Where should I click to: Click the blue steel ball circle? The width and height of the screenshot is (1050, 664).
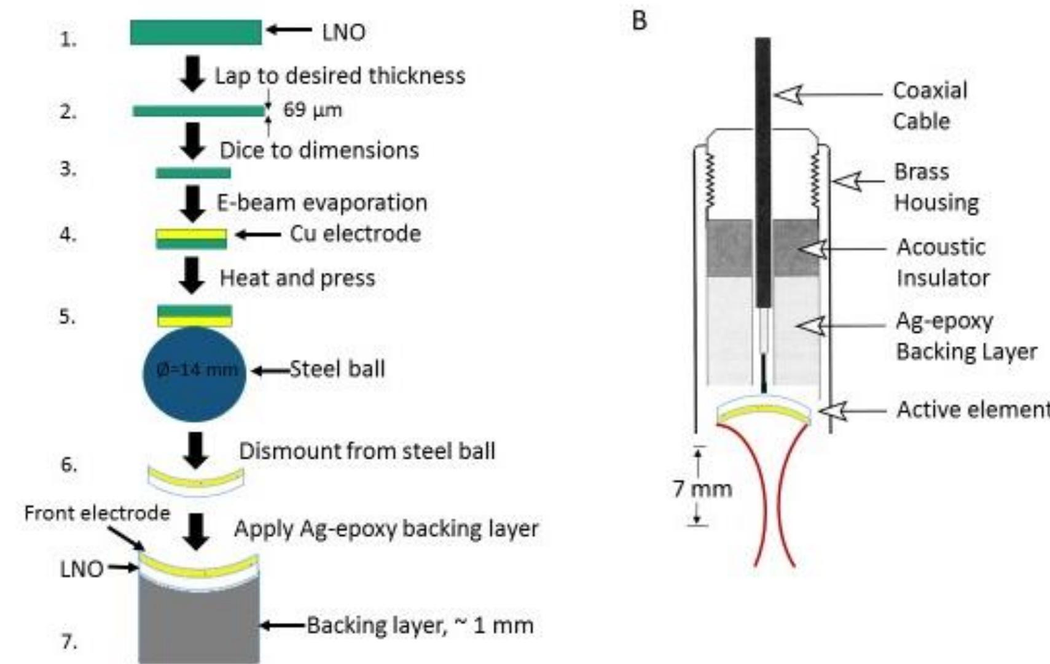pyautogui.click(x=194, y=374)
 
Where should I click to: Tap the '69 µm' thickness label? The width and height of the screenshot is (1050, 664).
pyautogui.click(x=312, y=110)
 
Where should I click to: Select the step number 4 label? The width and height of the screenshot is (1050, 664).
pyautogui.click(x=68, y=235)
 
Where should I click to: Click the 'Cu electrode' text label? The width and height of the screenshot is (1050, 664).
pyautogui.click(x=355, y=234)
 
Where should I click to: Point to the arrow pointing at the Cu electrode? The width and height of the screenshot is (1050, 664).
pyautogui.click(x=257, y=235)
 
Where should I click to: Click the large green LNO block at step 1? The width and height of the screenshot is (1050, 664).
pyautogui.click(x=195, y=33)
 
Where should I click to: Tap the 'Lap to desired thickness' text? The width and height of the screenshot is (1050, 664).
pyautogui.click(x=339, y=76)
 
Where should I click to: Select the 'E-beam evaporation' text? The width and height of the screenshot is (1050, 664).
pyautogui.click(x=321, y=203)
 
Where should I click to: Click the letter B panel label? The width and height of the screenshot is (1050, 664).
pyautogui.click(x=639, y=21)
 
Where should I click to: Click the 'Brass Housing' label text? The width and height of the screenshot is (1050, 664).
pyautogui.click(x=935, y=187)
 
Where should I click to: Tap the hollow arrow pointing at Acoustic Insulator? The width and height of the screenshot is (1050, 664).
pyautogui.click(x=812, y=249)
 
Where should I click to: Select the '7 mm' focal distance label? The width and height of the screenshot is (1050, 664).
pyautogui.click(x=702, y=489)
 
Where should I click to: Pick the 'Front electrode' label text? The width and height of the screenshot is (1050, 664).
pyautogui.click(x=96, y=513)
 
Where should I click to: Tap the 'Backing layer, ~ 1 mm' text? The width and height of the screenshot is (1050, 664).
pyautogui.click(x=420, y=626)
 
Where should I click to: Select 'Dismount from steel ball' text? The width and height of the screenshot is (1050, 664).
pyautogui.click(x=367, y=451)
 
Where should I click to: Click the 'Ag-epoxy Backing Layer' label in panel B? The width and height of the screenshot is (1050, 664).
pyautogui.click(x=965, y=336)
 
